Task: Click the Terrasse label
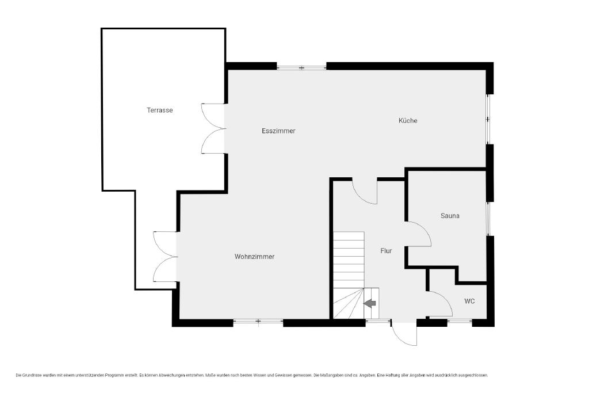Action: (x=160, y=110)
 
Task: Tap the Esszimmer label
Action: (x=278, y=131)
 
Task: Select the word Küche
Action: (x=408, y=120)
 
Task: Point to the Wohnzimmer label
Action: (x=254, y=257)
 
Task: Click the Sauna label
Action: (x=450, y=216)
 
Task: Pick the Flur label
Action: (x=386, y=251)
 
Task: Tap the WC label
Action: (x=469, y=301)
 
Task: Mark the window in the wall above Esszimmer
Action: (x=301, y=68)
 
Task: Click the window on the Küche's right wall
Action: (x=488, y=119)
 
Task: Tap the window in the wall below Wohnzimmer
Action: (x=258, y=321)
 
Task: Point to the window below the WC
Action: (x=460, y=321)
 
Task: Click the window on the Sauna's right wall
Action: (x=489, y=219)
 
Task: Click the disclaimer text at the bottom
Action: (x=252, y=375)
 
